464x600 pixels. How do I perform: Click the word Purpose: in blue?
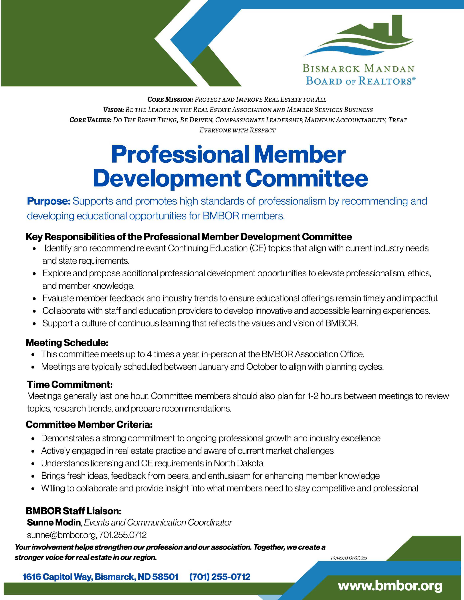pyautogui.click(x=49, y=201)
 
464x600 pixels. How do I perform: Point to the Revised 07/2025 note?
pyautogui.click(x=349, y=558)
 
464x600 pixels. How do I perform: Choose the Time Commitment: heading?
pyautogui.click(x=70, y=384)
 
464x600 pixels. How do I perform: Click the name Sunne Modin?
pyautogui.click(x=54, y=522)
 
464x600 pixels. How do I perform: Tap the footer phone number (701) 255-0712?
pyautogui.click(x=220, y=576)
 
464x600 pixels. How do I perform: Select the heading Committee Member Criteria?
pyautogui.click(x=89, y=424)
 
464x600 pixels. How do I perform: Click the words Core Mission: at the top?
pyautogui.click(x=170, y=99)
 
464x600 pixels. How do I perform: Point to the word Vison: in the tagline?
pyautogui.click(x=113, y=110)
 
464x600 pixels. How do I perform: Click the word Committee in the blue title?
pyautogui.click(x=308, y=178)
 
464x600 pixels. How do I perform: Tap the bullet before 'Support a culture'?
pyautogui.click(x=34, y=324)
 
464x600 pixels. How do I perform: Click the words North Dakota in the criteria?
pyautogui.click(x=239, y=463)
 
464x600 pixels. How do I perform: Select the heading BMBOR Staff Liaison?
pyautogui.click(x=73, y=511)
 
